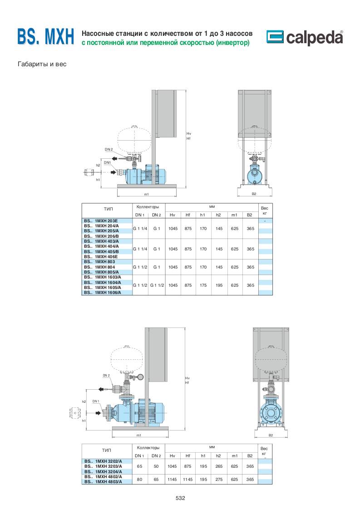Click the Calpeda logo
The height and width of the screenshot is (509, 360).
click(305, 37)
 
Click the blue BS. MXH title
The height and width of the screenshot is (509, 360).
click(46, 36)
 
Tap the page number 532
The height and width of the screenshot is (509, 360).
click(180, 498)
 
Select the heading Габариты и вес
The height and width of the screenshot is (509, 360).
click(42, 64)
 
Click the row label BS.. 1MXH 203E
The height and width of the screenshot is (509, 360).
click(101, 221)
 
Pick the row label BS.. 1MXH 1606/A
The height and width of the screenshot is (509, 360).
click(102, 293)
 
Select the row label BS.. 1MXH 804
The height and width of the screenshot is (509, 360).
click(99, 267)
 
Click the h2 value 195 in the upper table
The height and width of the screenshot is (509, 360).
click(219, 285)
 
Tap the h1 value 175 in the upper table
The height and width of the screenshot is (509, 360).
click(203, 285)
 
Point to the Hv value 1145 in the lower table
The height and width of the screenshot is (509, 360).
click(172, 480)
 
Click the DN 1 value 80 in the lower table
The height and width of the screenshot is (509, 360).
click(139, 480)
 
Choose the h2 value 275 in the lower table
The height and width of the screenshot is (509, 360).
click(219, 480)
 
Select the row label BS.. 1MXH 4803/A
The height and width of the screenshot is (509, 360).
click(103, 482)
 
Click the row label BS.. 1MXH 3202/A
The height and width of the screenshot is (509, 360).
click(103, 461)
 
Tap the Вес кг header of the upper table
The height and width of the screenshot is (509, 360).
click(265, 210)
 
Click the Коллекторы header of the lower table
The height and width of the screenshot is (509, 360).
click(148, 448)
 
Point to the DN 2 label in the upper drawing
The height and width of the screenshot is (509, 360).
click(108, 149)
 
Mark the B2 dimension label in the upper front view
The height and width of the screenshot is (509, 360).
click(254, 194)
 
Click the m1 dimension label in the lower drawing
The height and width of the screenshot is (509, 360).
click(139, 435)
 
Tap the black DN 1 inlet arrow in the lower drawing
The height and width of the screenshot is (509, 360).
click(98, 412)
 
